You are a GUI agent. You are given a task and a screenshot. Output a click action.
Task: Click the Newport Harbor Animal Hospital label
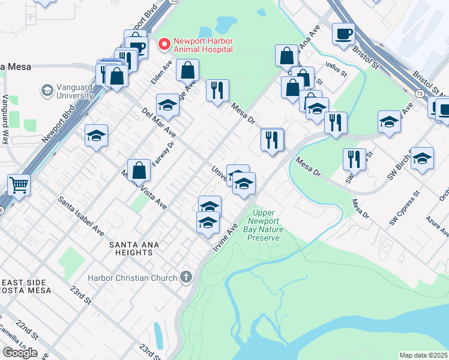coord(203,46)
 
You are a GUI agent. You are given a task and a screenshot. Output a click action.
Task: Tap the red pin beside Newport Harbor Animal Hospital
coord(163,44)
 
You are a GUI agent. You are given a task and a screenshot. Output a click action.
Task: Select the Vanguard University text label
coord(74,91)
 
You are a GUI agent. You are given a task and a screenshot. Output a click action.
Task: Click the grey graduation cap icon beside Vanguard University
coord(46,91)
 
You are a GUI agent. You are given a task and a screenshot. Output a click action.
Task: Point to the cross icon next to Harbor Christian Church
coord(187,277)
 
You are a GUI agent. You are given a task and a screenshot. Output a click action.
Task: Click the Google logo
coord(19,353)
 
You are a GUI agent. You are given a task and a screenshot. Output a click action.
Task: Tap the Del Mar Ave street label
coord(158,122)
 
